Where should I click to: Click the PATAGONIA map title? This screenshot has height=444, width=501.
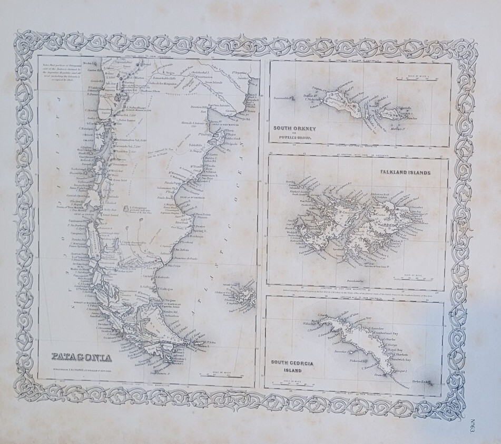tap(83, 356)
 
